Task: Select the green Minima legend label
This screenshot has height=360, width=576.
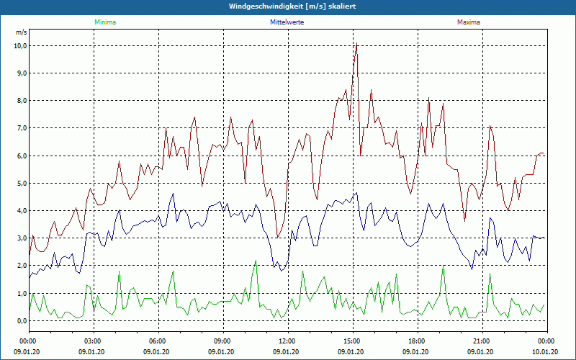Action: pos(104,22)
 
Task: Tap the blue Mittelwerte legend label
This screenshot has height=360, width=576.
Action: pos(287,22)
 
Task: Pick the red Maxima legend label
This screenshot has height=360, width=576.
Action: pos(468,22)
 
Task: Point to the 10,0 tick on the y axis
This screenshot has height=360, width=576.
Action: pos(20,45)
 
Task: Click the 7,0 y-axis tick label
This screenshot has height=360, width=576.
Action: pos(20,128)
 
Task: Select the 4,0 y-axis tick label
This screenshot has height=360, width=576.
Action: pos(20,211)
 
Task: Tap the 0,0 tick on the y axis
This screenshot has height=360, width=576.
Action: pos(20,321)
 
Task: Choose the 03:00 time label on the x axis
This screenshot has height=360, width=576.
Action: pos(93,341)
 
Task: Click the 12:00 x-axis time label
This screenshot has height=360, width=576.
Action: pos(287,341)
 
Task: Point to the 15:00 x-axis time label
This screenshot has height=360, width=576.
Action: pos(352,341)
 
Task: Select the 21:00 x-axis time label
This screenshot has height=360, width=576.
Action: pos(482,341)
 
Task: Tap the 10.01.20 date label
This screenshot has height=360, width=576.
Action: pos(545,352)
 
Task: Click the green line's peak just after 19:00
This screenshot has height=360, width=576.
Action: pos(444,268)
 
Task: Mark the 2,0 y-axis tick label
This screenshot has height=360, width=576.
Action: pos(20,266)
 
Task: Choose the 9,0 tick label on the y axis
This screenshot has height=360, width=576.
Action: pos(20,73)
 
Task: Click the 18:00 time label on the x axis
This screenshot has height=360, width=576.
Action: pos(417,341)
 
